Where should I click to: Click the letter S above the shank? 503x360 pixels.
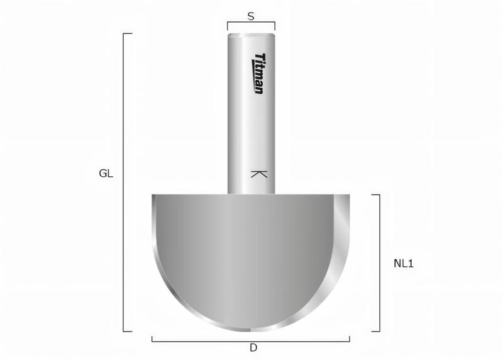pos(251,17)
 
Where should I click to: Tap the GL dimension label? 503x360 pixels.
pos(106,174)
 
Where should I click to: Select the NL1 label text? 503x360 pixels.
pos(403,264)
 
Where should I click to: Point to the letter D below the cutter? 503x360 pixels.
pos(253,347)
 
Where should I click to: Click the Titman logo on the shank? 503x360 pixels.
pos(258,74)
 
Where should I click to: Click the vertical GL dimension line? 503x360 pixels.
pos(124,183)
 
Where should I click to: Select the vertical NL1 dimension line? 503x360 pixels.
pos(380,262)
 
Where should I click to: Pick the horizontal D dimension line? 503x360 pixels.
pos(251,340)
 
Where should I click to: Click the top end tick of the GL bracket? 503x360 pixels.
pos(128,33)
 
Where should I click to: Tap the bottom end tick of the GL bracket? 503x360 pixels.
pos(128,331)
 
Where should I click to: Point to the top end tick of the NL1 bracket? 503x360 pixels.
pos(375,194)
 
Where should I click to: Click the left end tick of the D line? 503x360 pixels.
pos(152,339)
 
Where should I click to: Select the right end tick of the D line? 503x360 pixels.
pos(350,339)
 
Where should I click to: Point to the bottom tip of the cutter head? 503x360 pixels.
pos(251,330)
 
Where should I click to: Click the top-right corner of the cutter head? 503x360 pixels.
pos(349,195)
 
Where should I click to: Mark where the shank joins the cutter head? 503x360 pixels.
pos(251,194)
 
